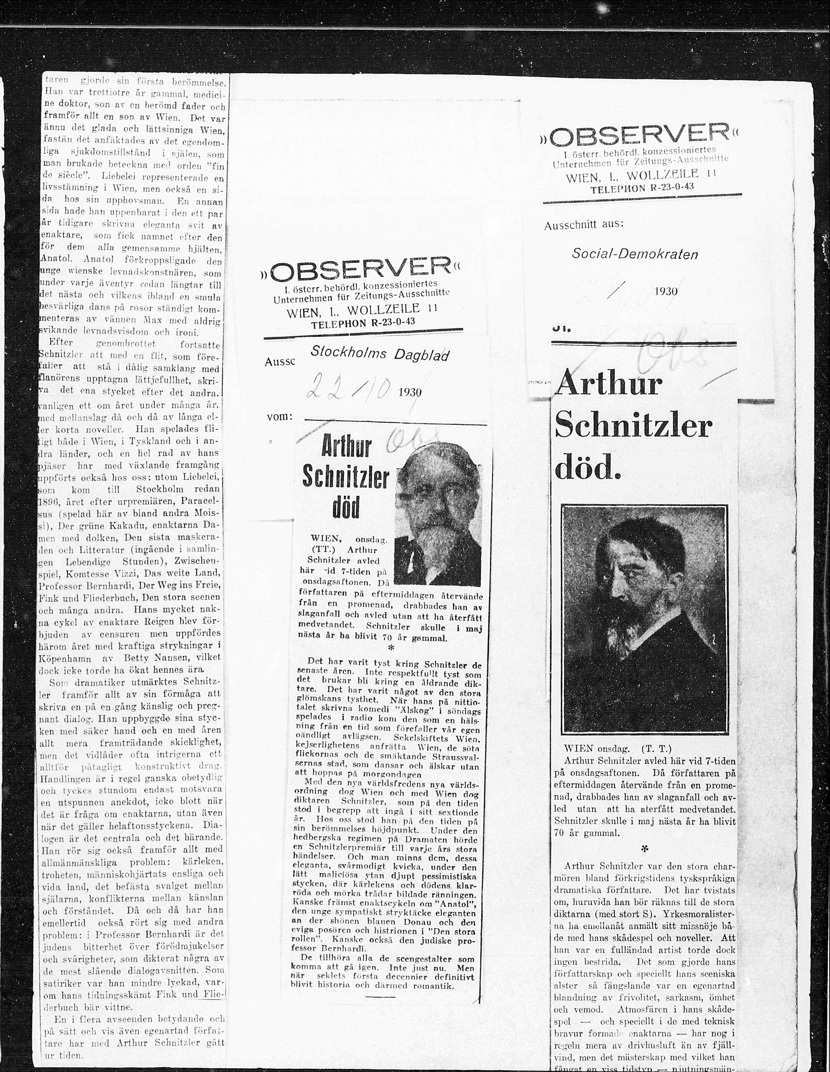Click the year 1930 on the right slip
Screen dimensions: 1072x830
(x=666, y=291)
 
